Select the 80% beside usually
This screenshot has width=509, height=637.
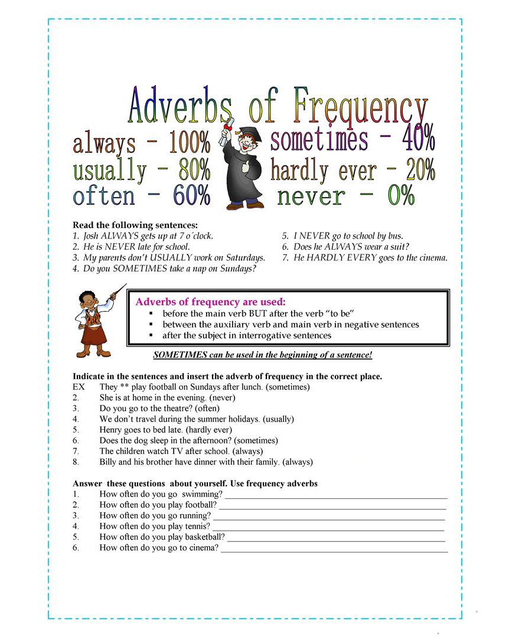[x=194, y=170]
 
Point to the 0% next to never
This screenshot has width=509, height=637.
[x=401, y=196]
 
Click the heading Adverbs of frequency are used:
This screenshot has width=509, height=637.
[x=210, y=302]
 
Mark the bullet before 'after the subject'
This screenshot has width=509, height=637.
[x=151, y=335]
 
